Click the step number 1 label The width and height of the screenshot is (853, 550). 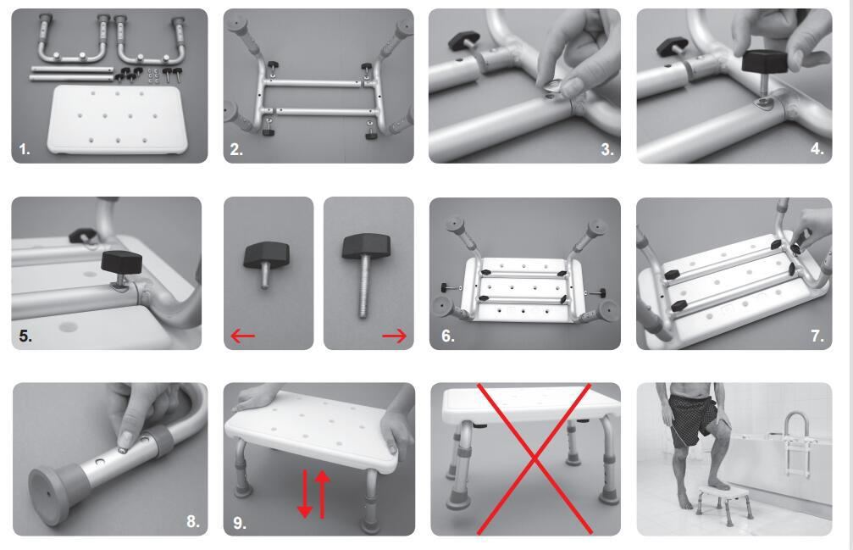click(x=25, y=149)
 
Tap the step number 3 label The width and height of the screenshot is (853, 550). click(x=607, y=149)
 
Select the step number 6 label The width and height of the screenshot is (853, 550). click(x=447, y=336)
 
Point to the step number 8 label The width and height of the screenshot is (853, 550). click(x=192, y=521)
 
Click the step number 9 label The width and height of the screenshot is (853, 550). click(x=240, y=523)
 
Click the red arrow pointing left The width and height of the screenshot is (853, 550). click(x=242, y=336)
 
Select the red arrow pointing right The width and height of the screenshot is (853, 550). click(x=394, y=336)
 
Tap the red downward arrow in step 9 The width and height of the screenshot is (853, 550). click(x=305, y=493)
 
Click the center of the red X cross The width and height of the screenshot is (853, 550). click(x=535, y=459)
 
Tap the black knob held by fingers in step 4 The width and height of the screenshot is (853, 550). click(x=764, y=62)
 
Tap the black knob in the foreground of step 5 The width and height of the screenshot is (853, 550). click(x=122, y=263)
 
